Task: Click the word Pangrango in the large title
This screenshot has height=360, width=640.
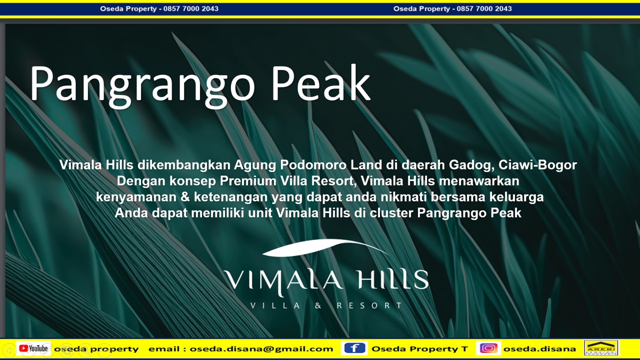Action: (142, 84)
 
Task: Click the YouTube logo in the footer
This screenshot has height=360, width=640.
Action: (33, 348)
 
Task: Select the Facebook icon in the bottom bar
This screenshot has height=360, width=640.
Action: (354, 348)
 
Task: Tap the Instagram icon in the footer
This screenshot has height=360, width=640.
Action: (488, 348)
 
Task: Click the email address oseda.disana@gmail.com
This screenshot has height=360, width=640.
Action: (261, 349)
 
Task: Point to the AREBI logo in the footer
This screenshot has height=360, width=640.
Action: (601, 348)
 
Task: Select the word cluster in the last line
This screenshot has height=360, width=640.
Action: (391, 213)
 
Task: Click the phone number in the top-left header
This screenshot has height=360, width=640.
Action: (191, 8)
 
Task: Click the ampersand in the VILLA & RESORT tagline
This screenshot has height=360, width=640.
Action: (318, 305)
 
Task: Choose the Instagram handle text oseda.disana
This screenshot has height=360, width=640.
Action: (539, 349)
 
